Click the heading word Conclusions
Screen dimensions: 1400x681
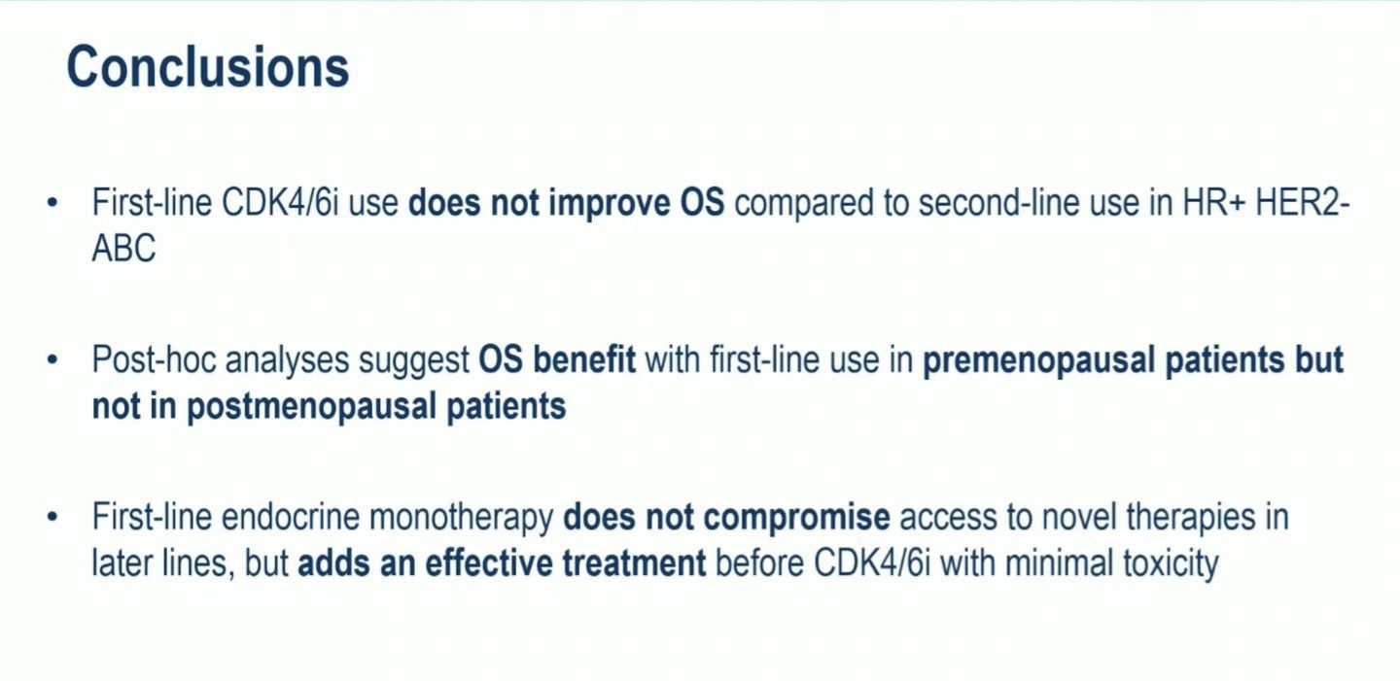(x=207, y=67)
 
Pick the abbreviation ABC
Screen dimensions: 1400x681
(x=123, y=248)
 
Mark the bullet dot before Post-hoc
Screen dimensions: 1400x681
(x=52, y=360)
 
